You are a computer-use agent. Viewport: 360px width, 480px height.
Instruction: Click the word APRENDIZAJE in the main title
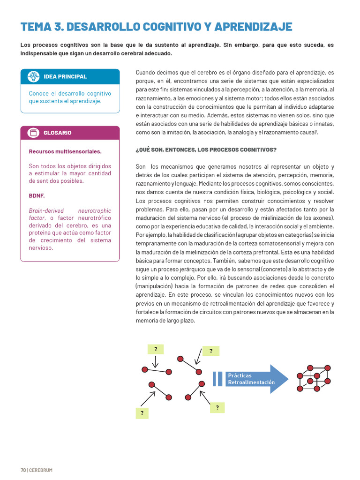[253, 27]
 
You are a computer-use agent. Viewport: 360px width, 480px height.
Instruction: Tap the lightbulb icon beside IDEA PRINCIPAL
[33, 77]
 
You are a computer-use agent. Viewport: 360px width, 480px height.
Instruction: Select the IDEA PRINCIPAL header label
[65, 77]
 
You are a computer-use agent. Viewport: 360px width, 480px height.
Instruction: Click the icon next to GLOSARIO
[33, 133]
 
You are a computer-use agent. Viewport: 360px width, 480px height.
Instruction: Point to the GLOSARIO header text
[58, 133]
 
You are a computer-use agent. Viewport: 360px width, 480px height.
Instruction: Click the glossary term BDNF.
[37, 195]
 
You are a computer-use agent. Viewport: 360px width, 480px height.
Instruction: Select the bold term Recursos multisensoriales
[65, 151]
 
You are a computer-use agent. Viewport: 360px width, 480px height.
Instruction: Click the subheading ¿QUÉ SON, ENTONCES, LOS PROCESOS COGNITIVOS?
[206, 150]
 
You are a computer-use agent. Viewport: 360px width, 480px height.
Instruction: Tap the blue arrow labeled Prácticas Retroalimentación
[255, 379]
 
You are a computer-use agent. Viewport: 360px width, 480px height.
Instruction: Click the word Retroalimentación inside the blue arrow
[251, 382]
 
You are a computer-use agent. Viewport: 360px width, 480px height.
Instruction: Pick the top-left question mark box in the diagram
[156, 349]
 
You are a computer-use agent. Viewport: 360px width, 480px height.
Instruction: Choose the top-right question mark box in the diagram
[211, 351]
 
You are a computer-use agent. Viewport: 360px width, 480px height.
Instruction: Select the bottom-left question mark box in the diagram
[142, 413]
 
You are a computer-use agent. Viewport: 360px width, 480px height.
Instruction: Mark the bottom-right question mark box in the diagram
[217, 408]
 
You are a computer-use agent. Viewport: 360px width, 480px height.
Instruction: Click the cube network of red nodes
[314, 378]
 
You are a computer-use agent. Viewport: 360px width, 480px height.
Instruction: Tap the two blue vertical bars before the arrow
[217, 379]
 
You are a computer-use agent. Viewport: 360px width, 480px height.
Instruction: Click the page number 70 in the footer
[22, 470]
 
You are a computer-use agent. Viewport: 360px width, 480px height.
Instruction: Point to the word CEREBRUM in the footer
[41, 470]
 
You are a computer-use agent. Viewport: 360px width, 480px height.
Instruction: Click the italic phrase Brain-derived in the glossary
[46, 211]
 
